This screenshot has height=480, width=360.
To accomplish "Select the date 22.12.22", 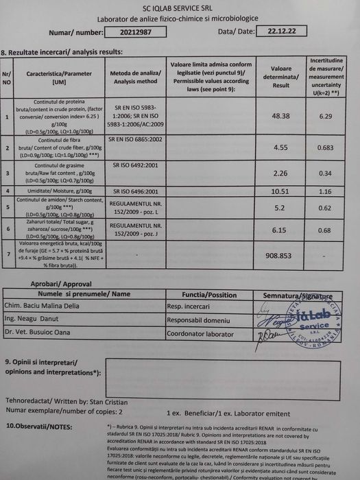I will point(278,31).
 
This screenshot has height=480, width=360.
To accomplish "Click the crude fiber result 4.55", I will point(281,147).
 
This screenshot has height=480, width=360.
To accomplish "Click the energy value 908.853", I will point(281,254).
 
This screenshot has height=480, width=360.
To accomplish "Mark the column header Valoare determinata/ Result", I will point(281,72).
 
